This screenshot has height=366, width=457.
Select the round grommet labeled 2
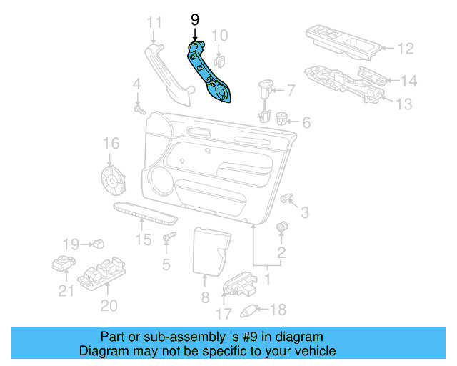tap(281, 227)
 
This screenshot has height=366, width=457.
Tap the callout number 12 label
tap(405, 49)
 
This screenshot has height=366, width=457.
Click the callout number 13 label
tap(403, 104)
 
